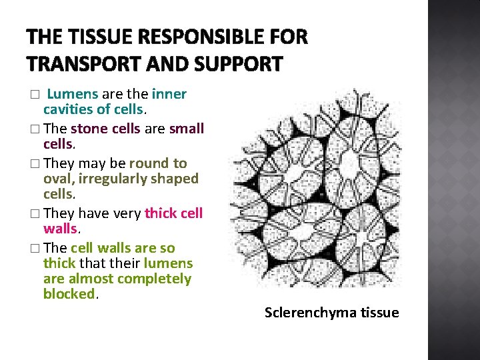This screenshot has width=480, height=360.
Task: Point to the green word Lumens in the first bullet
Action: (74, 94)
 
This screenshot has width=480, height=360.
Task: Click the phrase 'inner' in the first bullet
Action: (169, 94)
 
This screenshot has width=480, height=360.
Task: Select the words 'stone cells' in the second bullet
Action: (105, 129)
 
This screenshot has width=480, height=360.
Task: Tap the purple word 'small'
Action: (187, 129)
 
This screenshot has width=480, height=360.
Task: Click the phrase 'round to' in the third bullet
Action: (158, 163)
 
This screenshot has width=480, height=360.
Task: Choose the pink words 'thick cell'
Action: (173, 213)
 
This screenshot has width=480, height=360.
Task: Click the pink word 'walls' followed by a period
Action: (61, 229)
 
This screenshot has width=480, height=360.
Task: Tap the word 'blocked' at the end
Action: (69, 294)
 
